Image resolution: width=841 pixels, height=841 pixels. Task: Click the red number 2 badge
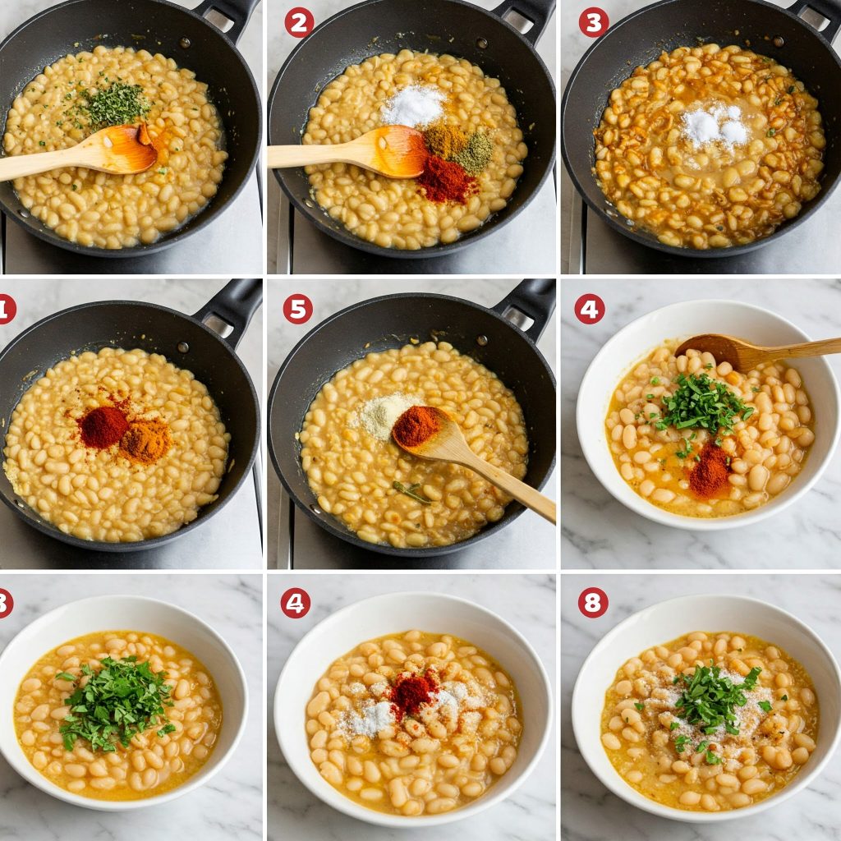pyautogui.click(x=299, y=22)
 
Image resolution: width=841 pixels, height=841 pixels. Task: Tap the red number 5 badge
pyautogui.click(x=298, y=309)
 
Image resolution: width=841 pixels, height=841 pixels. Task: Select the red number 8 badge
pyautogui.click(x=593, y=602)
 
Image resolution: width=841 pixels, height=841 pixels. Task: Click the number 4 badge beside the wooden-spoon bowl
pyautogui.click(x=589, y=309)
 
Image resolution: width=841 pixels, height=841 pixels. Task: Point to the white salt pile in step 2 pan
pyautogui.click(x=413, y=106)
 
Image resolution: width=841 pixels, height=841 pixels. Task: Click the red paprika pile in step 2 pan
pyautogui.click(x=446, y=179)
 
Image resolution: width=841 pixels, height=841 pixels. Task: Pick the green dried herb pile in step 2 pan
pyautogui.click(x=476, y=152)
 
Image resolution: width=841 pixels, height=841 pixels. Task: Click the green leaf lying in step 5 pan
pyautogui.click(x=411, y=492)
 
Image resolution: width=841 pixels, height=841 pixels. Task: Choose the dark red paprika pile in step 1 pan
pyautogui.click(x=103, y=426)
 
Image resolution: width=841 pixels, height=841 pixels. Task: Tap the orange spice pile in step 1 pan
pyautogui.click(x=146, y=441)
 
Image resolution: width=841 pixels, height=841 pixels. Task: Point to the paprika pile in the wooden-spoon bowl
pyautogui.click(x=710, y=471)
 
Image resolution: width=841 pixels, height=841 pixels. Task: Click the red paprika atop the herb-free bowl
pyautogui.click(x=412, y=692)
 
